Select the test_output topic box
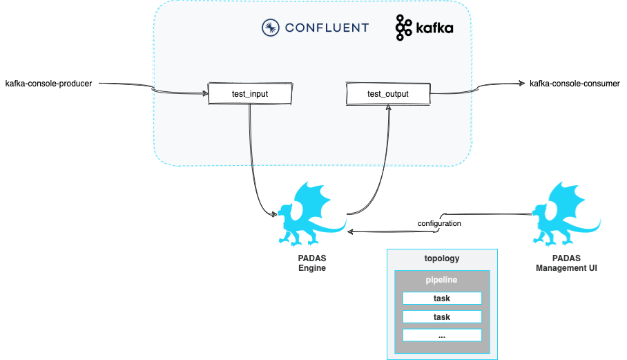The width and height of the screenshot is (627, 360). click(x=387, y=94)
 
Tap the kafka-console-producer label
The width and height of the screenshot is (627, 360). click(x=48, y=84)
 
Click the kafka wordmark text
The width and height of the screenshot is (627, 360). click(x=434, y=29)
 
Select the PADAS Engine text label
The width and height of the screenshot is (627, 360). click(x=307, y=263)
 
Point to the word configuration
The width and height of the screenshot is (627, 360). click(x=439, y=224)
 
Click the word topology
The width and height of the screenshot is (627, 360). click(x=441, y=258)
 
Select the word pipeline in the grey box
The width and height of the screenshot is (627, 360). click(x=441, y=281)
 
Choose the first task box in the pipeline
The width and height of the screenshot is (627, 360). click(x=441, y=299)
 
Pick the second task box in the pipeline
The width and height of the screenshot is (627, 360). click(x=441, y=316)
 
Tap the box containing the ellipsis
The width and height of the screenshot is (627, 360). click(x=441, y=335)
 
